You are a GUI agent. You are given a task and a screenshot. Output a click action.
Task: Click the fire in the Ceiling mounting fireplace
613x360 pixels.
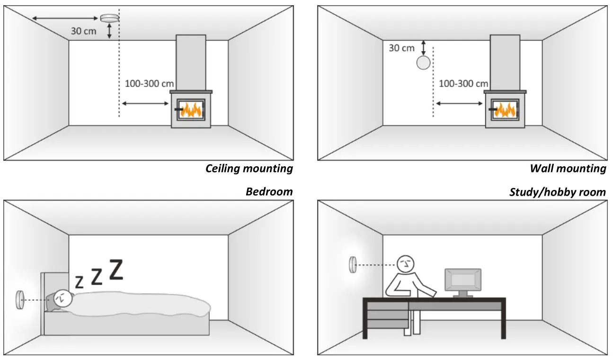click(192, 110)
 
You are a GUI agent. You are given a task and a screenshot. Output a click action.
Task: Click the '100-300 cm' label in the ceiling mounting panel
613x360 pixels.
click(149, 83)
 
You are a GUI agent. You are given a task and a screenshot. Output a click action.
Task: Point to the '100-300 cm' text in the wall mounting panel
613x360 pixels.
click(463, 84)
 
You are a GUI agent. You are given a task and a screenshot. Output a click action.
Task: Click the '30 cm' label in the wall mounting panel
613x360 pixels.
click(401, 48)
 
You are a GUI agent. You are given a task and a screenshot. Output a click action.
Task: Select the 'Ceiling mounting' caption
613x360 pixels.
click(249, 169)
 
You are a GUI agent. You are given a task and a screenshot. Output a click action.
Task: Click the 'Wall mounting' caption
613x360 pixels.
click(568, 169)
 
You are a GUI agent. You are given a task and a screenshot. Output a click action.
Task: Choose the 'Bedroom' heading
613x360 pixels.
click(269, 191)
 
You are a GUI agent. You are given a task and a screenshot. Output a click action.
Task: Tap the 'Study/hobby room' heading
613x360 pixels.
click(557, 192)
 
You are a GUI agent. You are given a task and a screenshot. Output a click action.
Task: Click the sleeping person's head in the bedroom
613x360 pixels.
click(63, 298)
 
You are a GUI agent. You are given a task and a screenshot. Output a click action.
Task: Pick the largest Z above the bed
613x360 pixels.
click(116, 269)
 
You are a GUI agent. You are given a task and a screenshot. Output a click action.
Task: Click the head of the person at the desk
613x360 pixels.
click(406, 264)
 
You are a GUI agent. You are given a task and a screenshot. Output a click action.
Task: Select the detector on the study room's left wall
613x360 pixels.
click(352, 265)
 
